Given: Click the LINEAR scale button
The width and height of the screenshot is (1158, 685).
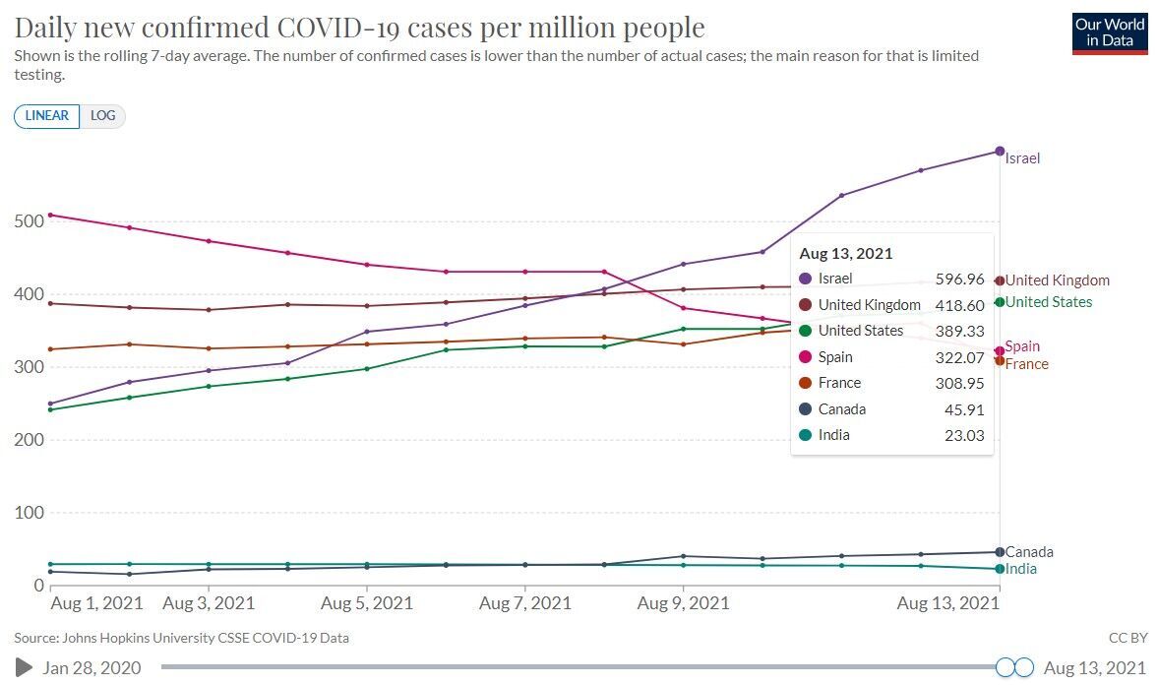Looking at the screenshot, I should click(46, 116).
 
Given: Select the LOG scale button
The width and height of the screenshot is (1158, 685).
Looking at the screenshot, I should click(102, 116).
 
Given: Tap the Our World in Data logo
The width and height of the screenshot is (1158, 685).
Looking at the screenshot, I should click(1110, 32).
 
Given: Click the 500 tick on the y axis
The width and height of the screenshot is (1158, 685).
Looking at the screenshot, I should click(30, 220).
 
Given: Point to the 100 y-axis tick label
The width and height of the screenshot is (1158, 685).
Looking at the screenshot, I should click(30, 513).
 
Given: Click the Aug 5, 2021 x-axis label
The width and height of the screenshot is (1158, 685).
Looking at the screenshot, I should click(366, 603).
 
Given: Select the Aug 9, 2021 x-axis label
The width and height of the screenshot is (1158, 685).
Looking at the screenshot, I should click(683, 603).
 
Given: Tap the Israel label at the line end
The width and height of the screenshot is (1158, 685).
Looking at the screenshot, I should click(1022, 158).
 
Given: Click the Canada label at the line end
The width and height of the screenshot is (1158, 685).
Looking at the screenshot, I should click(1029, 552).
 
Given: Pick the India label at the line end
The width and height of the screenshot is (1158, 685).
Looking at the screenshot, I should click(1021, 569).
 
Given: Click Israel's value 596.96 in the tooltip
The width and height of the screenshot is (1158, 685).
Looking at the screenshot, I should click(959, 280).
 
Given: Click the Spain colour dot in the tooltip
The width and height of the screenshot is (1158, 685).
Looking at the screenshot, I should click(806, 357).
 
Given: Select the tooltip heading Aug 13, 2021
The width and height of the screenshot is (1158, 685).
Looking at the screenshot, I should click(846, 253).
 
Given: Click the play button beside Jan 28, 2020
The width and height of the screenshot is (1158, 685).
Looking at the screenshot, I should click(25, 668).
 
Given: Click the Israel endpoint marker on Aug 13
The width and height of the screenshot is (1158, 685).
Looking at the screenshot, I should click(1000, 152).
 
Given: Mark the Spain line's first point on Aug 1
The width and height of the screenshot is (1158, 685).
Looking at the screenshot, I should click(50, 215).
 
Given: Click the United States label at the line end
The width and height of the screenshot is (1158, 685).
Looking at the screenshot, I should click(1049, 302).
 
